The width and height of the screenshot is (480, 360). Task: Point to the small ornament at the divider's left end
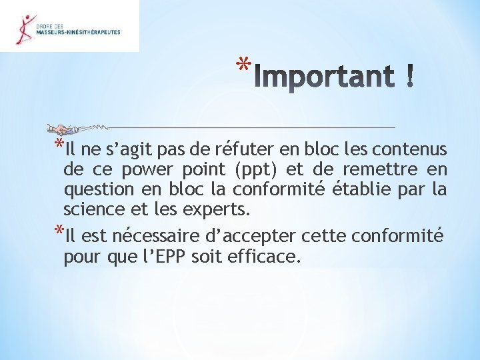tap(63, 128)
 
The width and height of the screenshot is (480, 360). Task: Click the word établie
tap(361, 189)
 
